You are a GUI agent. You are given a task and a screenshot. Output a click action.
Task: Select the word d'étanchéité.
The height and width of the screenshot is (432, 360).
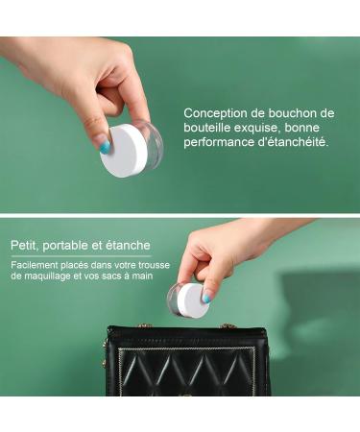point(293,142)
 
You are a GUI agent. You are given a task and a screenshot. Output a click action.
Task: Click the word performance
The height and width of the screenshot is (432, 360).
point(219,143)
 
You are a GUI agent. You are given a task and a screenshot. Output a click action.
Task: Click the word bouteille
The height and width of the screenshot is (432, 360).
point(206,128)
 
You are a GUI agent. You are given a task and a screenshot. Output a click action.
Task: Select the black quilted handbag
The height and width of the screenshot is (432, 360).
point(187,361)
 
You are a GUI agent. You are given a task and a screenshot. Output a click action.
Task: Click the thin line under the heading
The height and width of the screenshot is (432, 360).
point(81,256)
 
